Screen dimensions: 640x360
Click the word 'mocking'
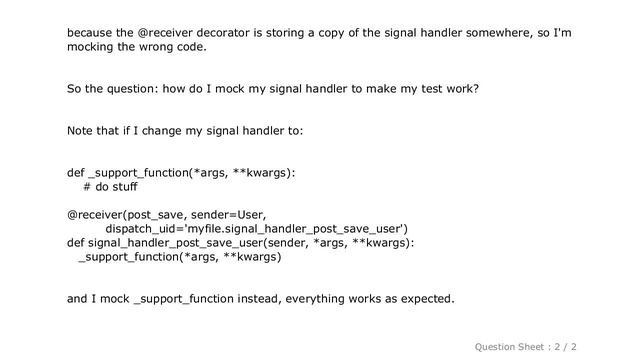coord(93,47)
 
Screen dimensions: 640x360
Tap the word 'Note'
coord(82,131)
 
